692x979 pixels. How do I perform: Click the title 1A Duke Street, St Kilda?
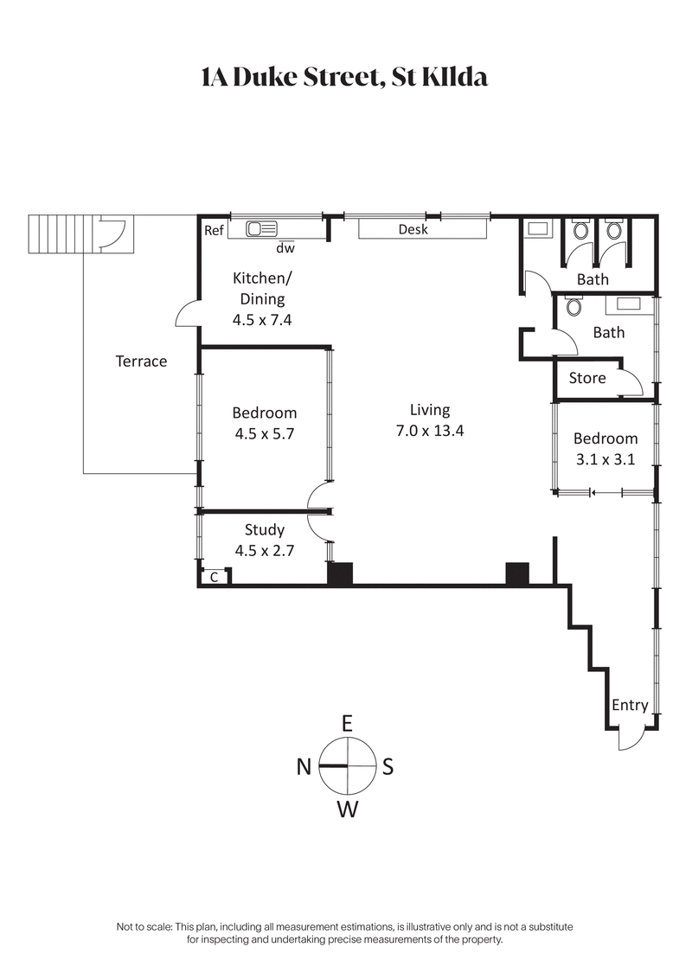coord(344,77)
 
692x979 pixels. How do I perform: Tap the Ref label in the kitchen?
coord(214,230)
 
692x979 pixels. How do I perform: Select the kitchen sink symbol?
coord(261,229)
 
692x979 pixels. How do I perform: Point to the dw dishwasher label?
coord(285,248)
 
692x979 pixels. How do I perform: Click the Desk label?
coord(413,229)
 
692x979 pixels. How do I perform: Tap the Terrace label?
coord(141,361)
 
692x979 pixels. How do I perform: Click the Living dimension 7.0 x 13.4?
coord(430,431)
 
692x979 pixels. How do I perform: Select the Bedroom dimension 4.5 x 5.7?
coord(265,434)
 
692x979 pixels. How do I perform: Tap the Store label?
coord(587,378)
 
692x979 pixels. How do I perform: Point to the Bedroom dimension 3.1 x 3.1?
coord(605,459)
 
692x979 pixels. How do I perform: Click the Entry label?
coord(630,705)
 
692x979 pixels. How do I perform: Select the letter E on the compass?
coord(347,723)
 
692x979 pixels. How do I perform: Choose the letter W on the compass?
coord(347,809)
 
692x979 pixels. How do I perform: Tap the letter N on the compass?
coord(304,766)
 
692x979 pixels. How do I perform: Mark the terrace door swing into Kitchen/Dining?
coord(187,315)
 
